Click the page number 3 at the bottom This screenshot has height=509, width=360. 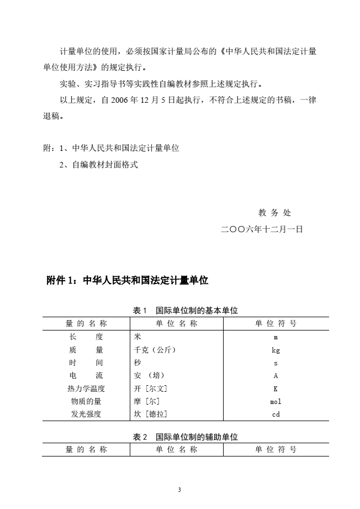click(x=180, y=490)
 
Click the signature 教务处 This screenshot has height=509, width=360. click(x=274, y=213)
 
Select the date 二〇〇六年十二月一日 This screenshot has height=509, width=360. click(x=262, y=229)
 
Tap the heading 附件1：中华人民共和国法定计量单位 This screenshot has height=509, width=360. click(x=128, y=280)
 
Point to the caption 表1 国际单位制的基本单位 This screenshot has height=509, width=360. click(x=186, y=311)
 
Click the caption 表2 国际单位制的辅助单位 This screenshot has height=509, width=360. click(x=186, y=437)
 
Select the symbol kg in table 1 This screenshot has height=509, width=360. click(x=276, y=350)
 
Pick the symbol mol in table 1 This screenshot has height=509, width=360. click(x=276, y=401)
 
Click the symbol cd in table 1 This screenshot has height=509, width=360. click(x=276, y=414)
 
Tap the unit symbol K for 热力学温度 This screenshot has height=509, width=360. click(x=276, y=389)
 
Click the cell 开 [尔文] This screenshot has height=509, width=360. click(x=151, y=389)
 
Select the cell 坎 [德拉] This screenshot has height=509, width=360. click(x=151, y=414)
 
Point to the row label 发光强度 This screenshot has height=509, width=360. click(x=86, y=414)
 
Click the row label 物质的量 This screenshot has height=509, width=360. click(x=86, y=401)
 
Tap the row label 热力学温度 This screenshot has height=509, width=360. click(x=86, y=389)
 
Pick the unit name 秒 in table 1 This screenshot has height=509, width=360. click(x=137, y=363)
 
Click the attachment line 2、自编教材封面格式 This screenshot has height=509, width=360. click(x=98, y=164)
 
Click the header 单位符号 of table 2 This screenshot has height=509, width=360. click(x=276, y=449)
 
